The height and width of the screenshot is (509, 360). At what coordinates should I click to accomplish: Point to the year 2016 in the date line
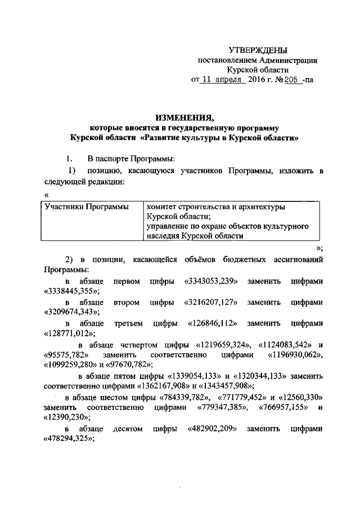pyautogui.click(x=259, y=80)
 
